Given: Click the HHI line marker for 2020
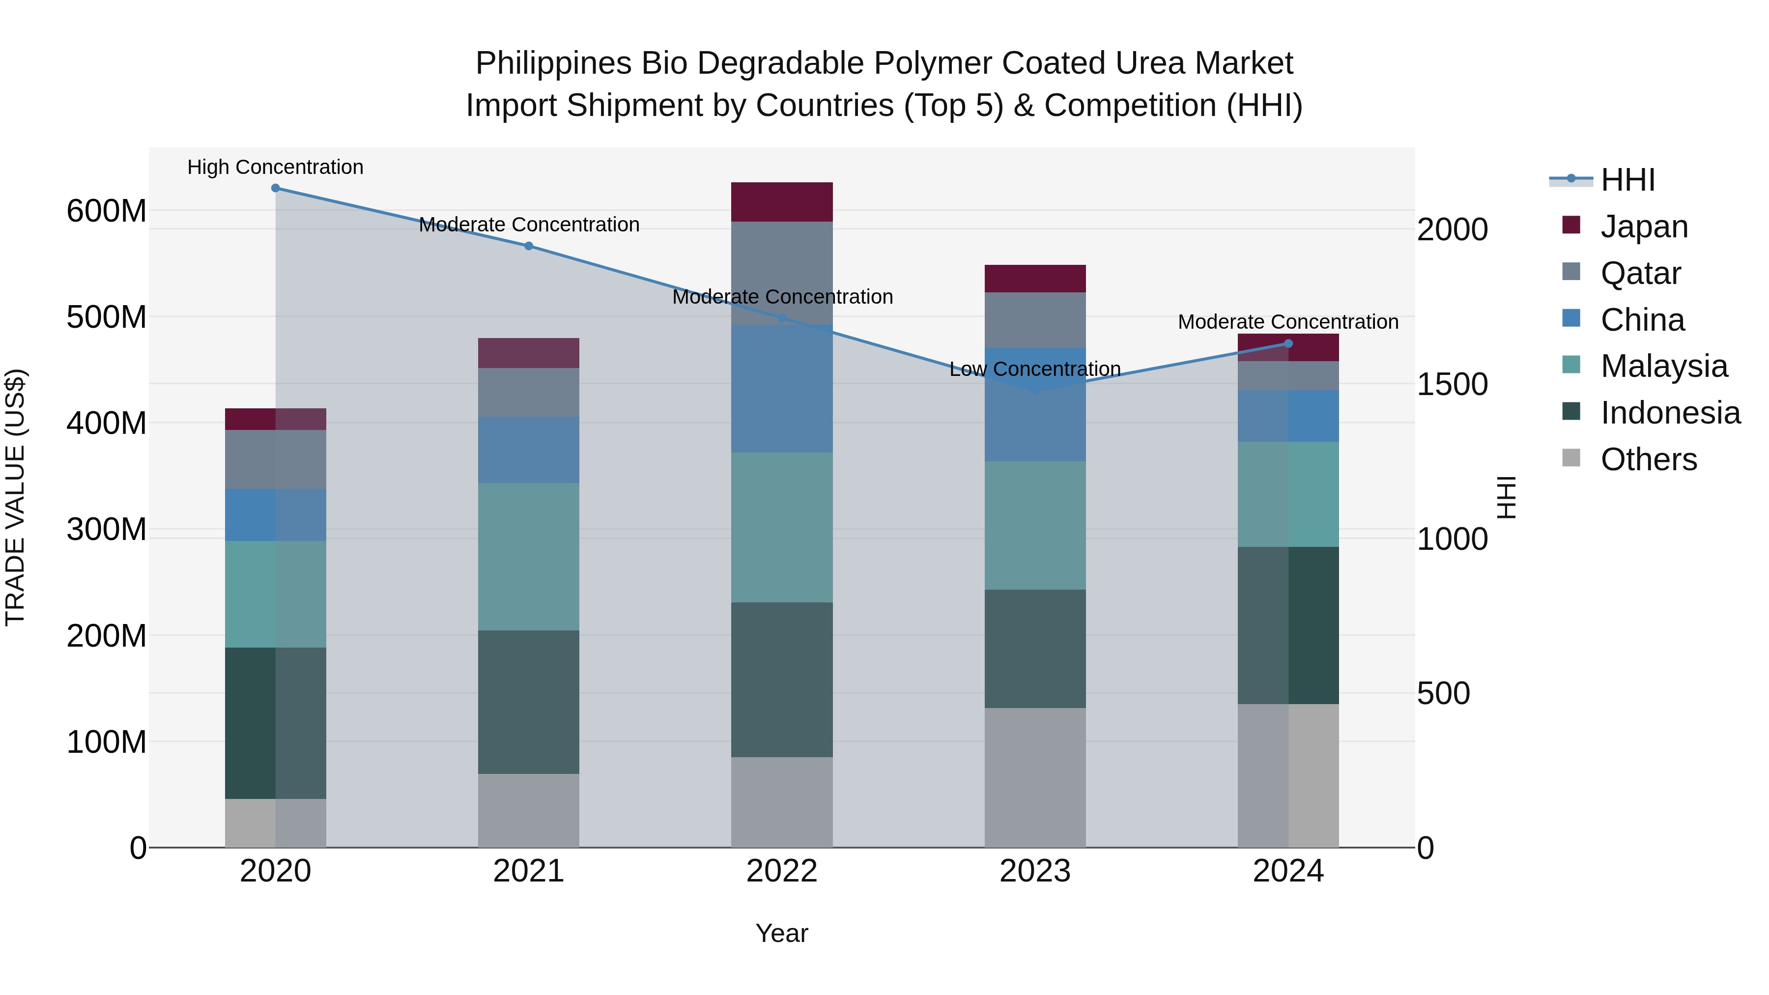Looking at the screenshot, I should coord(275,188).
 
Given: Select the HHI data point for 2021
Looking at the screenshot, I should coord(529,246).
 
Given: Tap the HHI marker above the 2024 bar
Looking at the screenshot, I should coord(1288,343).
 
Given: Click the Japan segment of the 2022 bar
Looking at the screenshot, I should coord(781,202).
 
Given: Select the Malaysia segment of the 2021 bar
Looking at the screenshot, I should coord(529,556).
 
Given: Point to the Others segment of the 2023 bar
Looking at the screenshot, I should coord(1035,777).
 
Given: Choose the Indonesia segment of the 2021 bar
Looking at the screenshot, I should coord(529,702).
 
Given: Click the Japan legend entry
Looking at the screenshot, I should coord(1643,227).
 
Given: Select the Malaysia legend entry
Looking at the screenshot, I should coord(1663,366).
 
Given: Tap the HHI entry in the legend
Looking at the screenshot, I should coord(1627,180).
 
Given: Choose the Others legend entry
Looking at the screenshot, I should coord(1648,459).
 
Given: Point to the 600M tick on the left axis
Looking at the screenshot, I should coord(107,211).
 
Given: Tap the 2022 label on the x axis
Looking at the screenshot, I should coord(781,871).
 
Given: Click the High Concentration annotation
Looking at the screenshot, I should coord(275,167).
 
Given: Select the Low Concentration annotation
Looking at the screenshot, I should coord(1035,369).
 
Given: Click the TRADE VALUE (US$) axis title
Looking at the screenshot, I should coord(15,497).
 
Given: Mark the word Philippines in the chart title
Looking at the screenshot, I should coord(553,63).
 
